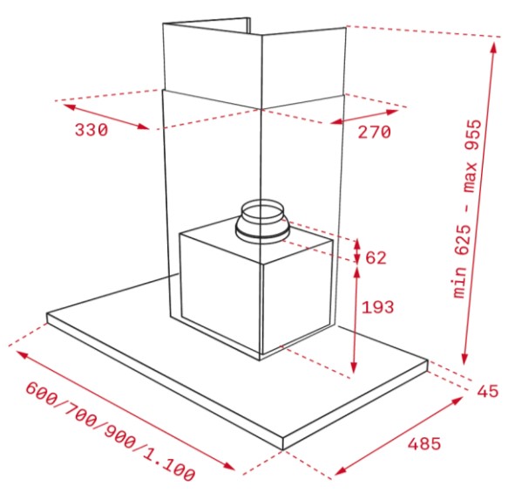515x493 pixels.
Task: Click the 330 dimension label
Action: (x=91, y=130)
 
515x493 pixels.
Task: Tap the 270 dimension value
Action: (x=374, y=133)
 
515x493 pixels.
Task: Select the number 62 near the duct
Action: (x=376, y=257)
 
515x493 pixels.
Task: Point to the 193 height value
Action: (x=377, y=307)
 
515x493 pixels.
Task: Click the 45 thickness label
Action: (x=488, y=391)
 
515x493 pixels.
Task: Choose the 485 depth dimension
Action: (x=424, y=443)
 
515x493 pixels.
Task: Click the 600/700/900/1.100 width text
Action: (x=111, y=432)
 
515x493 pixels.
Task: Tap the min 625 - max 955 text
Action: (x=467, y=209)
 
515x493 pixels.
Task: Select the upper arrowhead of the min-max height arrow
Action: (x=493, y=48)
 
